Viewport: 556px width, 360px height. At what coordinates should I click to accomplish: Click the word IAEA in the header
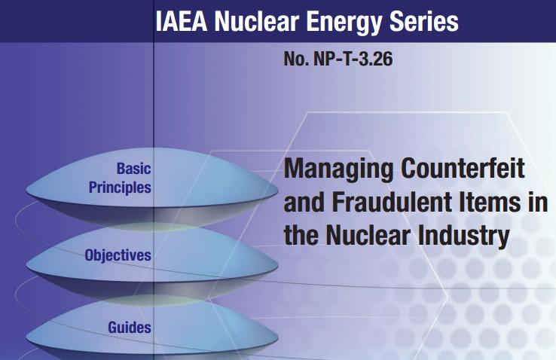click(x=182, y=21)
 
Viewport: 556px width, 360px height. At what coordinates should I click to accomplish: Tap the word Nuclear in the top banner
click(x=256, y=21)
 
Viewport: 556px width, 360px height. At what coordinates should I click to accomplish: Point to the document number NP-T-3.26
click(x=353, y=59)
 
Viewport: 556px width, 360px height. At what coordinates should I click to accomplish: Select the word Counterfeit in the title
click(x=463, y=168)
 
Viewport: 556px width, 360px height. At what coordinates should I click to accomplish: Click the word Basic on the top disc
click(x=133, y=169)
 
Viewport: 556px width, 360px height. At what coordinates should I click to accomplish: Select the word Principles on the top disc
click(x=120, y=188)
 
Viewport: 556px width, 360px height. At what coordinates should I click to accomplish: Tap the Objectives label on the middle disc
click(x=118, y=255)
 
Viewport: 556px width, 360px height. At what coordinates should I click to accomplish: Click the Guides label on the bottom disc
click(x=130, y=328)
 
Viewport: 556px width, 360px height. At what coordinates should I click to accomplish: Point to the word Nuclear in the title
click(x=368, y=235)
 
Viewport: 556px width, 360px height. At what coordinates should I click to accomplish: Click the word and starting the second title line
click(x=304, y=202)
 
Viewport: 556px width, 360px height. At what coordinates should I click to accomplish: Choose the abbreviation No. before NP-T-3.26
click(x=296, y=59)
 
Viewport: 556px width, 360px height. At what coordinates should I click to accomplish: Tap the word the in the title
click(x=301, y=235)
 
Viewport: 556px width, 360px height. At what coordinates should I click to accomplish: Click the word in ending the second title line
click(x=538, y=202)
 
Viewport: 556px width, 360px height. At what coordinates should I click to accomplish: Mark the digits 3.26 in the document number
click(x=376, y=59)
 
